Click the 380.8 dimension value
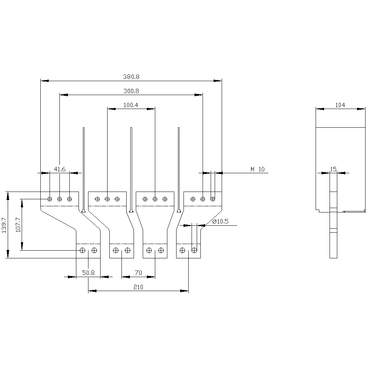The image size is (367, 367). (131, 77)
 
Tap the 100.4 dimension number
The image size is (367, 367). (131, 105)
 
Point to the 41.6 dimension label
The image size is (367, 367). (59, 169)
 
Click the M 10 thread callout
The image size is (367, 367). (257, 169)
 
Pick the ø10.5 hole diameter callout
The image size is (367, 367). (221, 221)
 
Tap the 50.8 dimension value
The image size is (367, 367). (88, 273)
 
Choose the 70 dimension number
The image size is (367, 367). (138, 273)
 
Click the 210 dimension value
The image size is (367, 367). (138, 287)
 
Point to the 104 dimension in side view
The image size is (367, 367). (340, 105)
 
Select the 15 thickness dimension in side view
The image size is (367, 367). (333, 169)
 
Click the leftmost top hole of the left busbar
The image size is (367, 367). (50, 199)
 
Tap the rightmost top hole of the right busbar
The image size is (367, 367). (212, 199)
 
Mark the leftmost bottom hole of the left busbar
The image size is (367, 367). (83, 250)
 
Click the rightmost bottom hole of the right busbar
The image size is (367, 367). (194, 250)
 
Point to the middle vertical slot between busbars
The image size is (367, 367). (131, 169)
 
